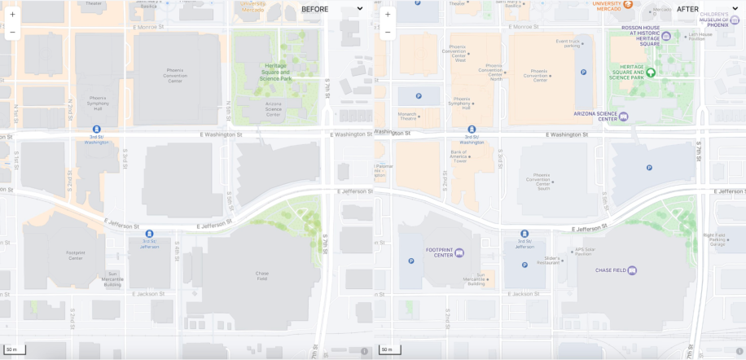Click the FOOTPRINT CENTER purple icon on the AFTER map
[x=459, y=252]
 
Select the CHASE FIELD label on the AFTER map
[x=611, y=270]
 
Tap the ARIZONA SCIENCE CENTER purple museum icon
[x=624, y=116]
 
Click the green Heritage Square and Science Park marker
[x=651, y=72]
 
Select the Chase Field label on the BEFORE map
[x=261, y=275]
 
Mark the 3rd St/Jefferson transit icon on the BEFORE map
[x=149, y=234]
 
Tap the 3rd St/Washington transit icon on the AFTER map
[x=472, y=129]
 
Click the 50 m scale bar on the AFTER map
[x=389, y=350]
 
